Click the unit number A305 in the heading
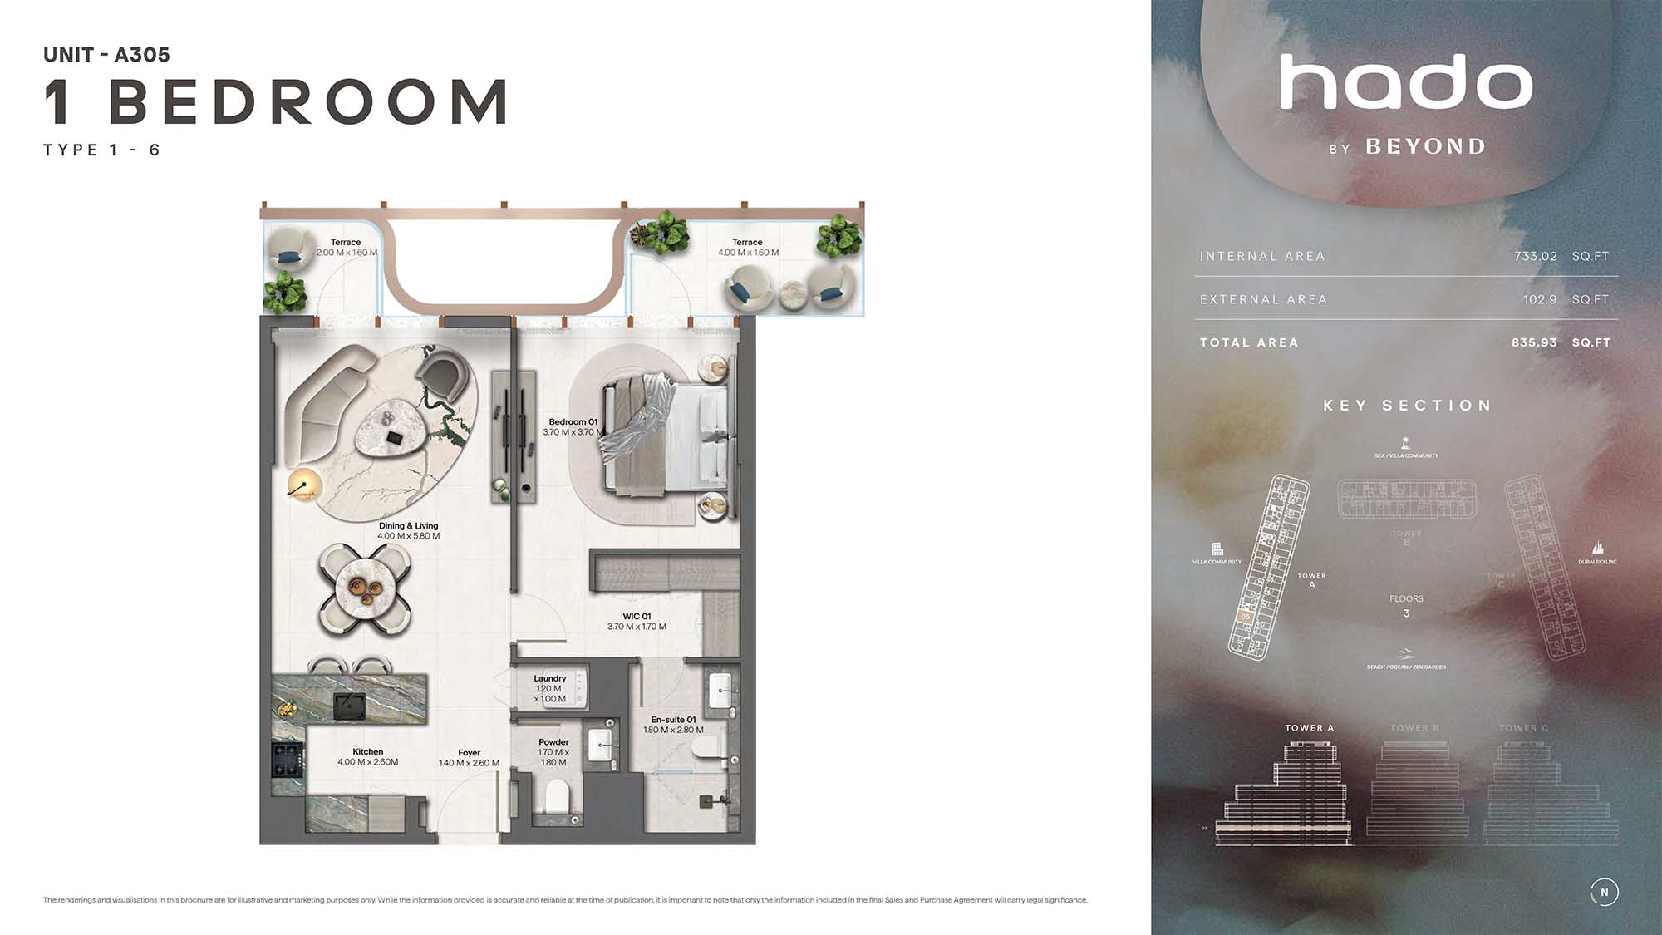pyautogui.click(x=142, y=55)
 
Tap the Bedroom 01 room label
pyautogui.click(x=573, y=422)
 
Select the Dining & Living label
pyautogui.click(x=408, y=526)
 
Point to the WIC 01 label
pyautogui.click(x=637, y=617)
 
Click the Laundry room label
pyautogui.click(x=549, y=679)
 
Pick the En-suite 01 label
pyautogui.click(x=673, y=720)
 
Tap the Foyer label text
pyautogui.click(x=469, y=753)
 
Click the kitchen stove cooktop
pyautogui.click(x=288, y=759)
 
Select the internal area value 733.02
pyautogui.click(x=1535, y=257)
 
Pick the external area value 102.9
pyautogui.click(x=1539, y=300)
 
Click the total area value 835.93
pyautogui.click(x=1534, y=343)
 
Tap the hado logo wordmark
pyautogui.click(x=1405, y=82)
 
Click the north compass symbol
pyautogui.click(x=1604, y=893)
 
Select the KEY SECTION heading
pyautogui.click(x=1407, y=406)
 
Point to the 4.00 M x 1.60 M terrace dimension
pyautogui.click(x=748, y=253)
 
